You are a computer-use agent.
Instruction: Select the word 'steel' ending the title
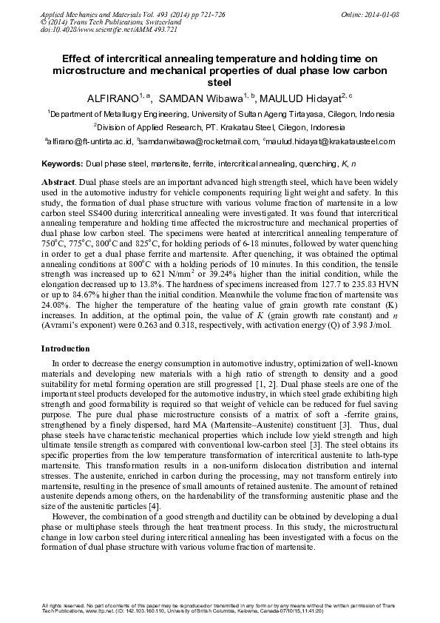tap(220, 83)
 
